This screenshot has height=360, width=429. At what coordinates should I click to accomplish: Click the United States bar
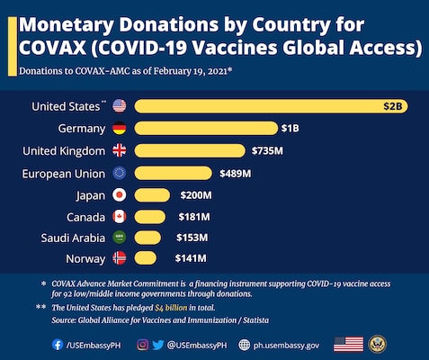click(x=271, y=106)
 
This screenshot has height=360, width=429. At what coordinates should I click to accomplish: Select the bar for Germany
click(x=206, y=129)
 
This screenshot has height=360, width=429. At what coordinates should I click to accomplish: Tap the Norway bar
click(x=146, y=258)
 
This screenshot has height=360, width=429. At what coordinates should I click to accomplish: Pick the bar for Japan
click(x=152, y=195)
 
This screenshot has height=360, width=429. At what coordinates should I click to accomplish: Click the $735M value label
click(x=267, y=150)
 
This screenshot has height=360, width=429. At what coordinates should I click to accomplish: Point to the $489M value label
click(x=236, y=174)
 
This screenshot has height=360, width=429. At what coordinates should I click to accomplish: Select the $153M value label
click(x=192, y=238)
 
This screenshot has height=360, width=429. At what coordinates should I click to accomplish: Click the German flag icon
click(x=120, y=128)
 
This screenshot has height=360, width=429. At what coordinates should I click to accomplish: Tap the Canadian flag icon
click(x=120, y=217)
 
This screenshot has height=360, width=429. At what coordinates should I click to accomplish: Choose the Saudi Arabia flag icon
click(x=120, y=238)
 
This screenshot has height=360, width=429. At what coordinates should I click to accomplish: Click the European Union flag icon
click(x=120, y=173)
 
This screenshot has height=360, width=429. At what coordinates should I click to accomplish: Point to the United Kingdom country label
click(x=64, y=151)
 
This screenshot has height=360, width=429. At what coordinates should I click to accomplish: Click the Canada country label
click(x=85, y=217)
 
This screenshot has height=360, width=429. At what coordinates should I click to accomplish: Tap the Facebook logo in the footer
click(x=58, y=345)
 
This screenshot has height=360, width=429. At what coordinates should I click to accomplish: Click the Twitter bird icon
click(x=157, y=345)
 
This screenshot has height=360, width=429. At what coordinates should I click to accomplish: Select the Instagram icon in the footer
click(x=143, y=345)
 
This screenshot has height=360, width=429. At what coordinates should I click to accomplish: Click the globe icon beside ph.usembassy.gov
click(x=244, y=345)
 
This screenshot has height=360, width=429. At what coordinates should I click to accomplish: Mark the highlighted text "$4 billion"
click(x=171, y=308)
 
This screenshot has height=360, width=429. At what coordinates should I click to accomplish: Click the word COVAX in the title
click(x=53, y=48)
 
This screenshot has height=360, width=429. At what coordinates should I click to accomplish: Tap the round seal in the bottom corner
click(x=378, y=344)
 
